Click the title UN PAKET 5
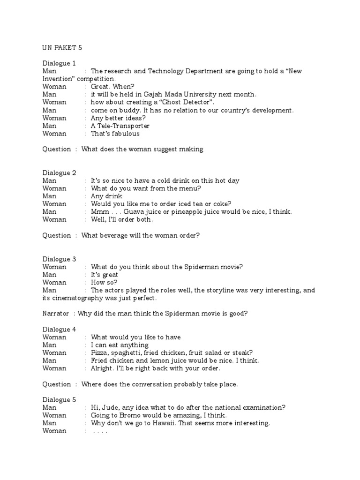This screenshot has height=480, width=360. (62, 47)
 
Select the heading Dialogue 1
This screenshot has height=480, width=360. (59, 63)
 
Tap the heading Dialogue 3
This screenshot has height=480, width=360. (59, 259)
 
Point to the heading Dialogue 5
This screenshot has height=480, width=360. (59, 399)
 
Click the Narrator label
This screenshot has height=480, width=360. (56, 314)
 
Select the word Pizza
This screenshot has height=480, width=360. (100, 352)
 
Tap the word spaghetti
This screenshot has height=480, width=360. (127, 352)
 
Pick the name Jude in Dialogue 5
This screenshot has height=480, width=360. (108, 407)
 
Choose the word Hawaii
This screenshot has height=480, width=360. (168, 423)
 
